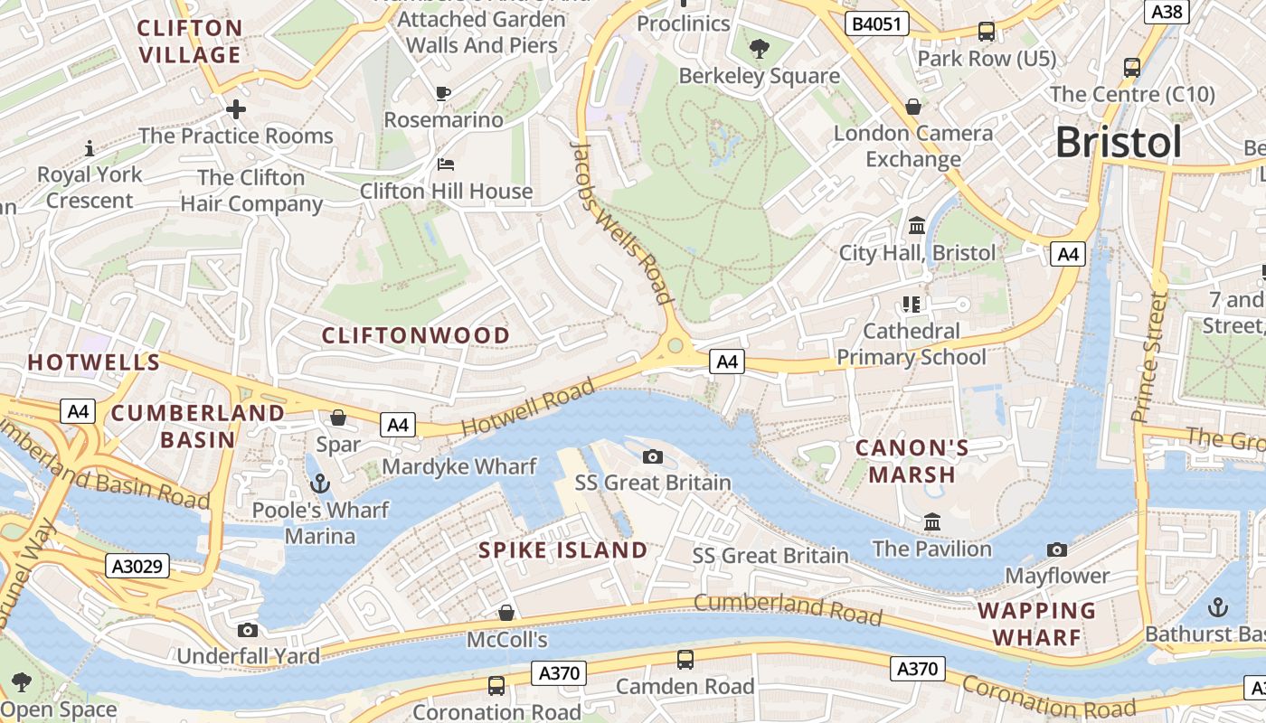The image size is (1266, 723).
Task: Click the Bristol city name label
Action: [1118, 142]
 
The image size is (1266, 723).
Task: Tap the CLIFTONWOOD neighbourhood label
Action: [416, 335]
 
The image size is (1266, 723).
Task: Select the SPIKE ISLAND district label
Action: [562, 549]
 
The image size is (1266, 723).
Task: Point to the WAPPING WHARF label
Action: [1036, 624]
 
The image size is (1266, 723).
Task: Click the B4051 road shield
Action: [877, 23]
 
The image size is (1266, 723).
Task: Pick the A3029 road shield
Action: [137, 567]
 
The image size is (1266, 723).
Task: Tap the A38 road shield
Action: [1167, 11]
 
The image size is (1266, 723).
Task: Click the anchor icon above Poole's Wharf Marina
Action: [318, 484]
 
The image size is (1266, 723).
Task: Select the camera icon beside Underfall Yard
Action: [248, 630]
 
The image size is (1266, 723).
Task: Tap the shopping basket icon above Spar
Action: [338, 418]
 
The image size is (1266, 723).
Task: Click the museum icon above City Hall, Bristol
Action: [917, 225]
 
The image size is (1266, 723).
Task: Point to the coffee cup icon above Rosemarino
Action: [443, 93]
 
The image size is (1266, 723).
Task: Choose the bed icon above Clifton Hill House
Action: [446, 164]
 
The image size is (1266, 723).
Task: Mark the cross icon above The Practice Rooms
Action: [236, 110]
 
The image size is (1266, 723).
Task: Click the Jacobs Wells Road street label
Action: [623, 221]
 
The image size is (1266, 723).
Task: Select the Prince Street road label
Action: [1149, 356]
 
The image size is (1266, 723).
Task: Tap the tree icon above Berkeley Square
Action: [760, 49]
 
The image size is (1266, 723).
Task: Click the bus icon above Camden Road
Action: [685, 660]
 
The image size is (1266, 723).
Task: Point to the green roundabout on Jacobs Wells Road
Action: [675, 346]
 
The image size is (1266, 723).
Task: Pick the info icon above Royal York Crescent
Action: [89, 148]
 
